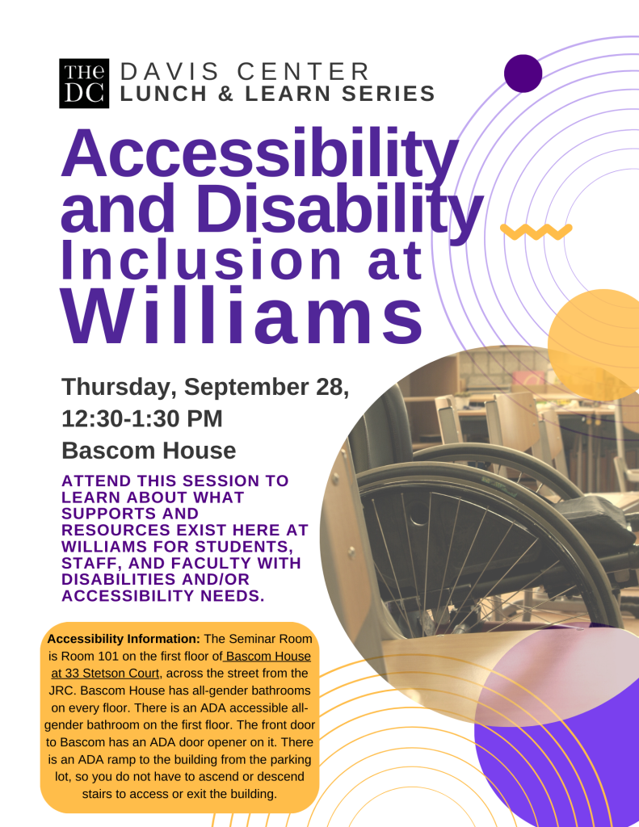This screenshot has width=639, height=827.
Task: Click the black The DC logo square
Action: click(84, 83)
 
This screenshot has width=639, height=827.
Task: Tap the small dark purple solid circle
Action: click(523, 73)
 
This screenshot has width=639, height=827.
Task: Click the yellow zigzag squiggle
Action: click(536, 231)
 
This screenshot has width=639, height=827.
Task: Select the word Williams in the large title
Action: click(242, 316)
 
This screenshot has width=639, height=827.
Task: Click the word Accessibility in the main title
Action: click(259, 153)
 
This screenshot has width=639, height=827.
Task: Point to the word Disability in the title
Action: click(342, 208)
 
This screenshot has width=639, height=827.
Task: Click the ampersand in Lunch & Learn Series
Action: click(225, 94)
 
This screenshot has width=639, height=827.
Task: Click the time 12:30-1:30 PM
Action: click(142, 418)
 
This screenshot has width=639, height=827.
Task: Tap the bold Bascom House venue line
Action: click(149, 451)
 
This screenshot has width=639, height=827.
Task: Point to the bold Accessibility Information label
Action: click(124, 639)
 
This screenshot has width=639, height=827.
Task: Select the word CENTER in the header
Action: click(304, 72)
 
